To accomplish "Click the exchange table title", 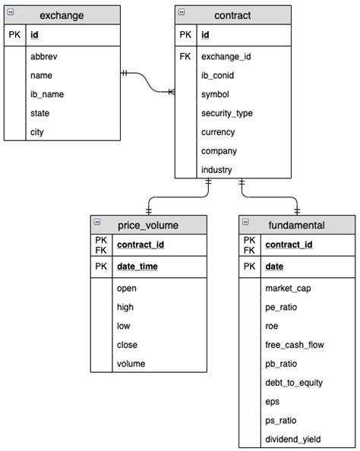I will pyautogui.click(x=62, y=15).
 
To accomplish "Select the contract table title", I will pyautogui.click(x=232, y=15).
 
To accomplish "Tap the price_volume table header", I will pyautogui.click(x=148, y=225).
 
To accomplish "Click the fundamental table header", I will pyautogui.click(x=296, y=225).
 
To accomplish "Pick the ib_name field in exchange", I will pyautogui.click(x=47, y=94).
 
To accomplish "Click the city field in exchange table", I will pyautogui.click(x=38, y=132).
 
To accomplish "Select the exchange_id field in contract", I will pyautogui.click(x=226, y=56).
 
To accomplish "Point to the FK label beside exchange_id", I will pyautogui.click(x=186, y=56).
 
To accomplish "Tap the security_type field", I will pyautogui.click(x=227, y=113).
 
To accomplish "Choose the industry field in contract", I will pyautogui.click(x=216, y=170).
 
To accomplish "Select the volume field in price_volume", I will pyautogui.click(x=131, y=364).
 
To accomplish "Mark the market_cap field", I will pyautogui.click(x=288, y=288).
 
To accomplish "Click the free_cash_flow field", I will pyautogui.click(x=295, y=345).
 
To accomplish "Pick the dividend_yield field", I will pyautogui.click(x=293, y=440).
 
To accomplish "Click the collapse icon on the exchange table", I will pyautogui.click(x=11, y=11).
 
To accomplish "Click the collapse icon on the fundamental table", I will pyautogui.click(x=245, y=221).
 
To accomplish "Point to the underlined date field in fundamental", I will pyautogui.click(x=274, y=266).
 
